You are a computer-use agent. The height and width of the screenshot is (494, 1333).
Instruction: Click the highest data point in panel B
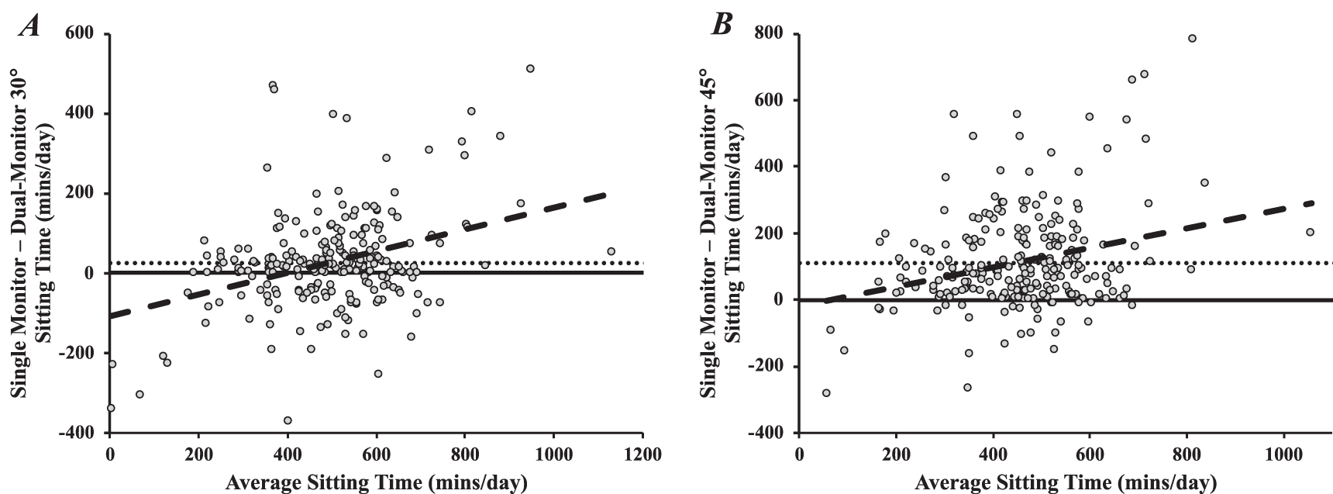[1192, 38]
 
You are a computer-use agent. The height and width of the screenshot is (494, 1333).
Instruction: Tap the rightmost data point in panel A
[611, 251]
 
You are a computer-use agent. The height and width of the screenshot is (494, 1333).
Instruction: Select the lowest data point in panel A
[288, 420]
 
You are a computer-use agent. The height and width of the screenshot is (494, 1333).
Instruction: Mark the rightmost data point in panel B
[1310, 232]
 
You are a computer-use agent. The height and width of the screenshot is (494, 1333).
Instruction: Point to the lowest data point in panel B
[826, 393]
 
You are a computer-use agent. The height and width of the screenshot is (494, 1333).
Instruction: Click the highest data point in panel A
[530, 68]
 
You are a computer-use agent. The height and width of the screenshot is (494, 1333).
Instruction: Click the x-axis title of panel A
[376, 482]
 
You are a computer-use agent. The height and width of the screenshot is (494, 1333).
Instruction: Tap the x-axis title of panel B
[1066, 482]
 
